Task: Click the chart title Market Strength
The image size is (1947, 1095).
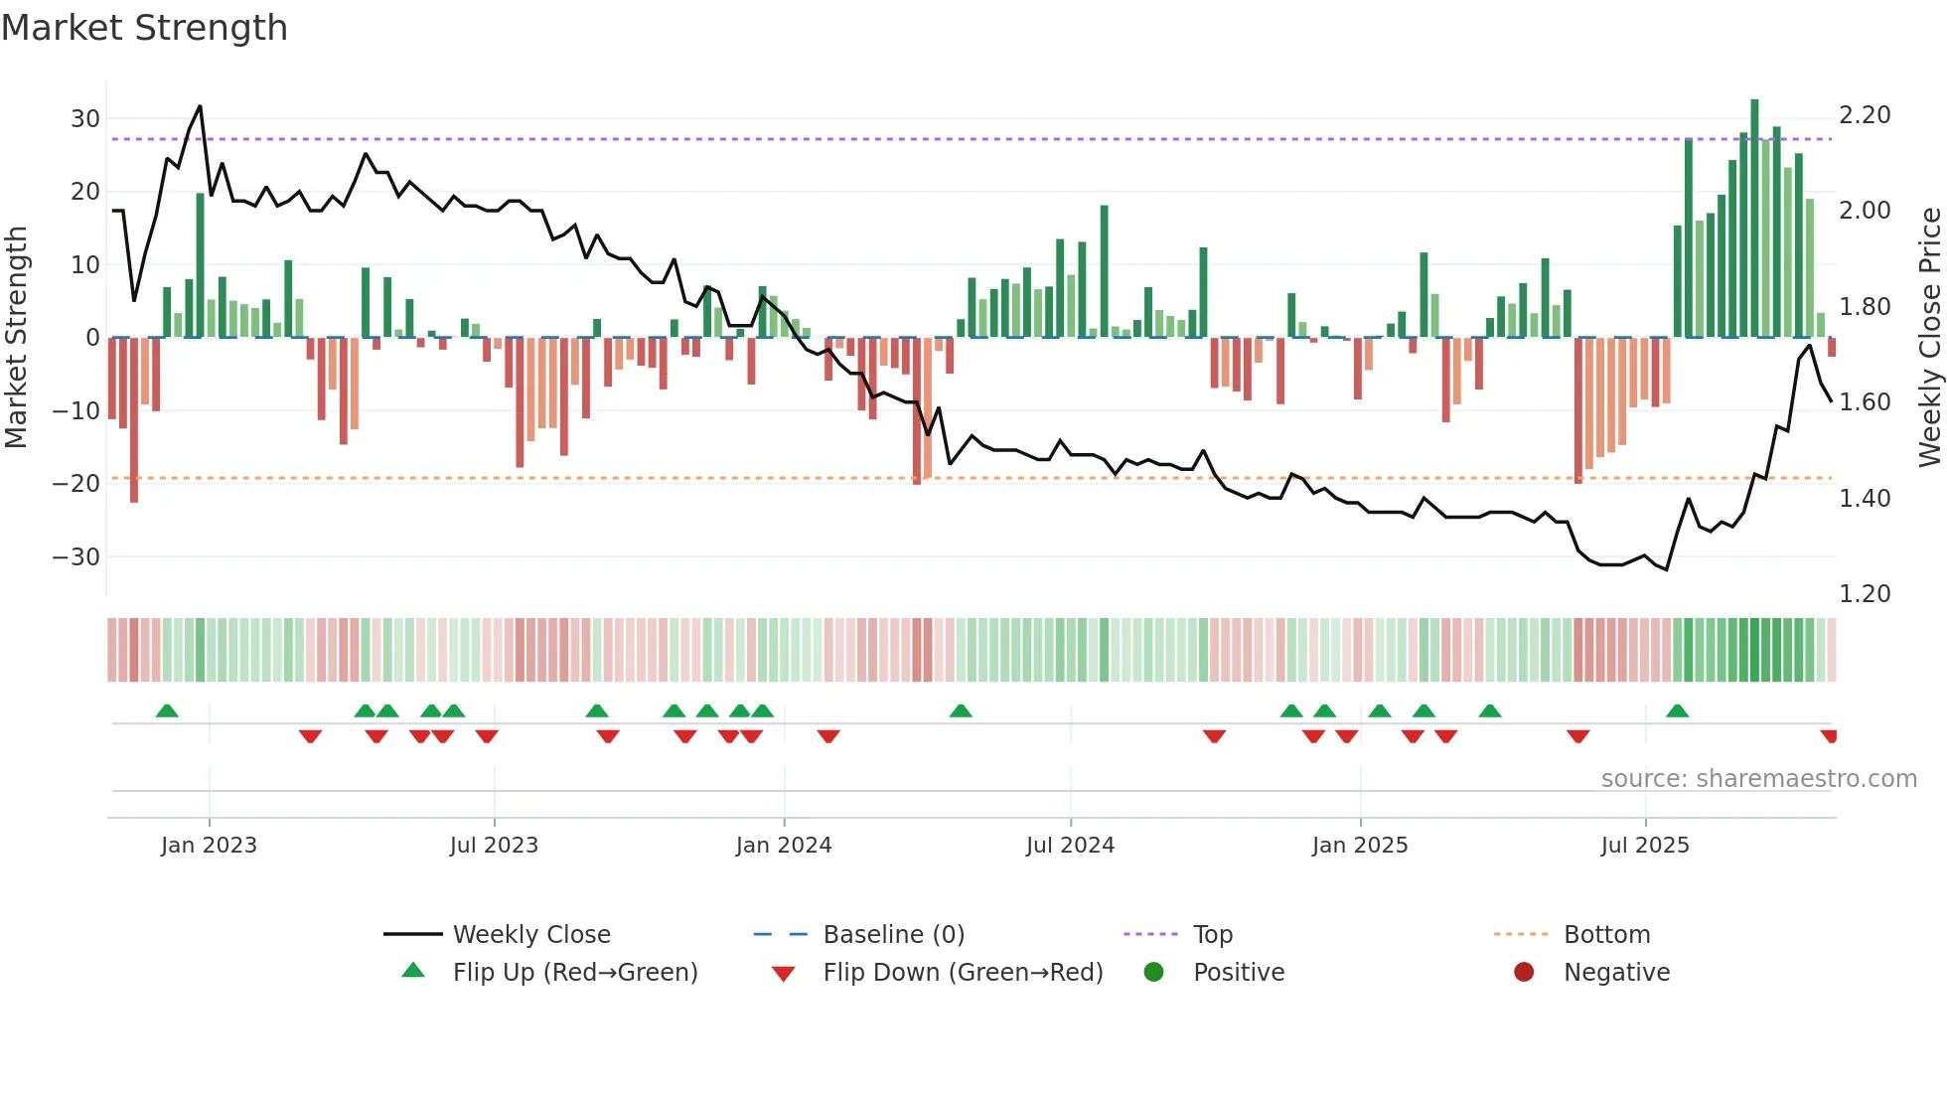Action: (144, 28)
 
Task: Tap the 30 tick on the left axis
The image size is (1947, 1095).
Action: (85, 119)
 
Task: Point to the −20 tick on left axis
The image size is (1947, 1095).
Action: (76, 484)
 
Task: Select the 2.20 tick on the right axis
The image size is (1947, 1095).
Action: (1865, 115)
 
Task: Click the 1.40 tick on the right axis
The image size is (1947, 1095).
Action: (1865, 498)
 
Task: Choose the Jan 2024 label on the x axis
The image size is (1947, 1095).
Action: (783, 846)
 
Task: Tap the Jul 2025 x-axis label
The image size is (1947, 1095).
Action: (1644, 846)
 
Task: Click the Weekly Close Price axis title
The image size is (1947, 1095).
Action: (1929, 338)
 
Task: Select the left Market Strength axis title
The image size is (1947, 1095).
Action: (16, 338)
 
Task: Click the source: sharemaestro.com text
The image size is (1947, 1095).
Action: (1758, 779)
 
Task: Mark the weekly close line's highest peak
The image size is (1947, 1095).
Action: (200, 106)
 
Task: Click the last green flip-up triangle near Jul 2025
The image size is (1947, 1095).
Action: (1677, 711)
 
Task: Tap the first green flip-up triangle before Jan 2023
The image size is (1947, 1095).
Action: (167, 711)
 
